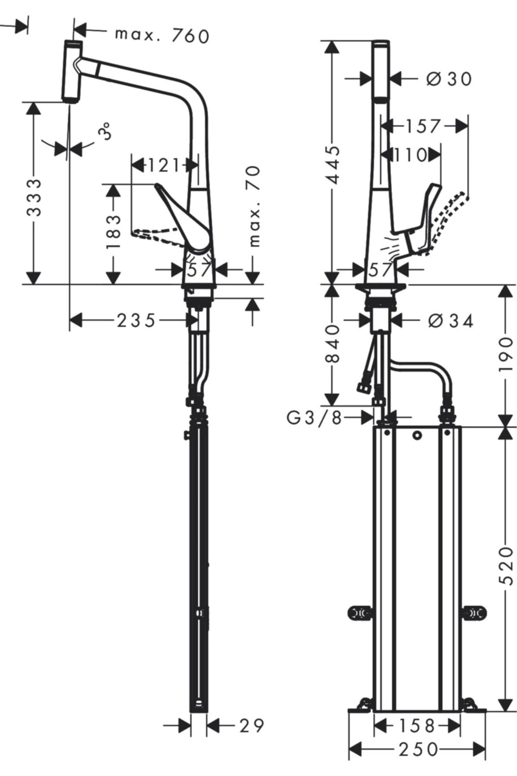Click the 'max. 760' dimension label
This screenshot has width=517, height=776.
162,35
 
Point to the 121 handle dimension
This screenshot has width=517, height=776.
163,164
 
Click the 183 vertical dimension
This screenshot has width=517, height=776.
113,232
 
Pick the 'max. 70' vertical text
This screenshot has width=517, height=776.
255,207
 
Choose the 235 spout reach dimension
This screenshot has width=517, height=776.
136,320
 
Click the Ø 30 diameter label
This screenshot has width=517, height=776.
449,78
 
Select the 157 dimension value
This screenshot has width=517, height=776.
423,126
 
